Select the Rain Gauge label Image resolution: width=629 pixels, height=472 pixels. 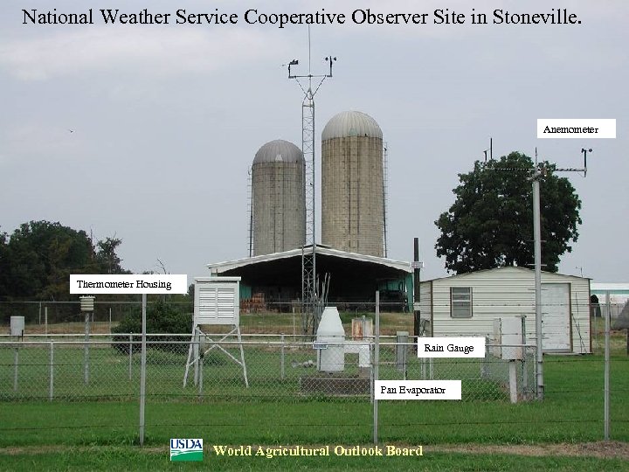pos(450,348)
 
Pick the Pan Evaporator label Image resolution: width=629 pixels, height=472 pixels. pos(418,390)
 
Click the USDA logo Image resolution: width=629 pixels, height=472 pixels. pos(186,450)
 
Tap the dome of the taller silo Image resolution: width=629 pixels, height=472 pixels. pos(352,125)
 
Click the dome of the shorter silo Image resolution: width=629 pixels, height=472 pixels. pos(278,152)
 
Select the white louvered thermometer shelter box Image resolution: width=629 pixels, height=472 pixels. pos(217,302)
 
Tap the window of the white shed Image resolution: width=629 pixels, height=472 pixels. pos(460,302)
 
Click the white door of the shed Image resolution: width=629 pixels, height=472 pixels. pos(555,316)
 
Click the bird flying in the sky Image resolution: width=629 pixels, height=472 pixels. pos(71,131)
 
